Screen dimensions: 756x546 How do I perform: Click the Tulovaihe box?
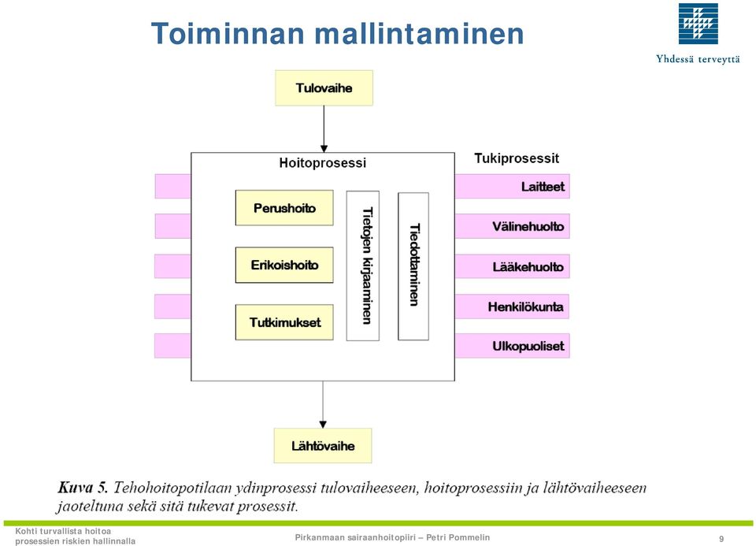324,87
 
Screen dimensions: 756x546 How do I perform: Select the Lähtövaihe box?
323,446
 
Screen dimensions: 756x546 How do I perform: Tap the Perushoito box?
284,208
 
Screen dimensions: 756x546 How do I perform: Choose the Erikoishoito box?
284,265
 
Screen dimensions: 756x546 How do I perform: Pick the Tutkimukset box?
284,322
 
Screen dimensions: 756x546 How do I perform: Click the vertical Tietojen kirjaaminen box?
363,266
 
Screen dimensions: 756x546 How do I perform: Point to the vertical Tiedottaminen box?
413,266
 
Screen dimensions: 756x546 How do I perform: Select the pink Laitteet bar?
513,186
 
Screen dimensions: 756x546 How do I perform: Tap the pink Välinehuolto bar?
513,226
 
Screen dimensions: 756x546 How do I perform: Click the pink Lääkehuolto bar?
513,266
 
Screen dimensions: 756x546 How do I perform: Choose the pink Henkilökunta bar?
512,306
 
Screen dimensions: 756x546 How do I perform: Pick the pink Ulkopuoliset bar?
513,346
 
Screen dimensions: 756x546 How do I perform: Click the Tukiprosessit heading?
517,158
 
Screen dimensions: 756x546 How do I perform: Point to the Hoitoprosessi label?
323,163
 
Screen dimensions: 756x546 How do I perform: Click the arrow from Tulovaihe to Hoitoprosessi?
324,129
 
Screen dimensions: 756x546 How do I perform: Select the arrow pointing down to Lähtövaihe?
323,405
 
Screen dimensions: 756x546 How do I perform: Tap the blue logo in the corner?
699,24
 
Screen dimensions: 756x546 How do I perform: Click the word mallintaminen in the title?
419,34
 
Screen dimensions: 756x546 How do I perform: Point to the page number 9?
721,539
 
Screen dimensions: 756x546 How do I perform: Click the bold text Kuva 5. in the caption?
83,488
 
